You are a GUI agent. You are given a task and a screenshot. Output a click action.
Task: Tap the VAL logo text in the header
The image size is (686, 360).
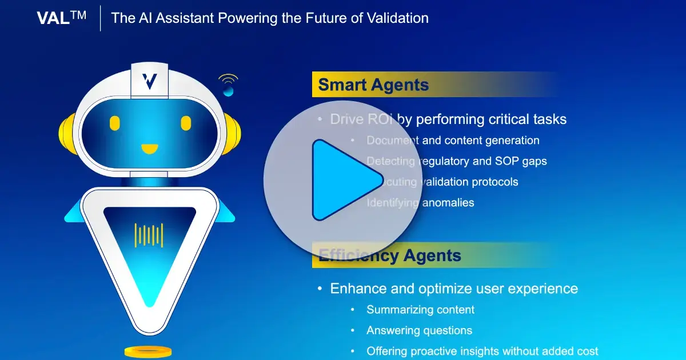61,18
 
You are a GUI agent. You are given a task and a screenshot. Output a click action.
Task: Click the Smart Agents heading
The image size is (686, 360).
373,85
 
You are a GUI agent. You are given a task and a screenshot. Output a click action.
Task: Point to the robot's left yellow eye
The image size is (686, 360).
115,123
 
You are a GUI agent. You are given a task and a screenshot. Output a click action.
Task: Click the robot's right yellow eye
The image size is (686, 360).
186,123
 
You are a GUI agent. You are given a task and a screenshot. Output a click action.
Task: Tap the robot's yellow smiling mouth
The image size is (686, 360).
150,149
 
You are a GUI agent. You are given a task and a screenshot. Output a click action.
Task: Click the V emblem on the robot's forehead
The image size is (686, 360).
150,81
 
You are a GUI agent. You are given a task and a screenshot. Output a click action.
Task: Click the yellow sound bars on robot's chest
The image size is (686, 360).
149,235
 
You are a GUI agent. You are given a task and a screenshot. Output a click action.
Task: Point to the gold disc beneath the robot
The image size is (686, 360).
148,351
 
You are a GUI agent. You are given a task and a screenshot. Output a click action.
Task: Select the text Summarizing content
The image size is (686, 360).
420,310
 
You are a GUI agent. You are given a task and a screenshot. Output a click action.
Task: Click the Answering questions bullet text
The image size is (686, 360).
419,330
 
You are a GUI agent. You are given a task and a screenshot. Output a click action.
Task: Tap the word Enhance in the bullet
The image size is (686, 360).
356,289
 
